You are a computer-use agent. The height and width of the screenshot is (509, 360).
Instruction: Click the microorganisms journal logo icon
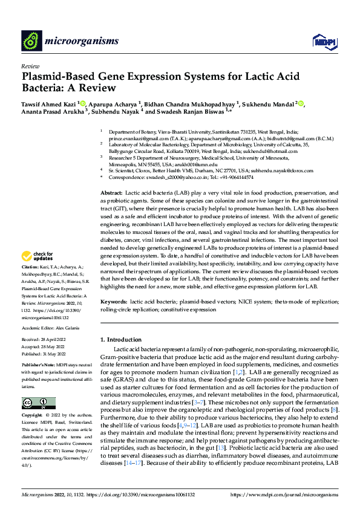(x=31, y=41)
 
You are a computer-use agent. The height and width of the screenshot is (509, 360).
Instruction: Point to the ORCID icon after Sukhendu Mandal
(x=301, y=104)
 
